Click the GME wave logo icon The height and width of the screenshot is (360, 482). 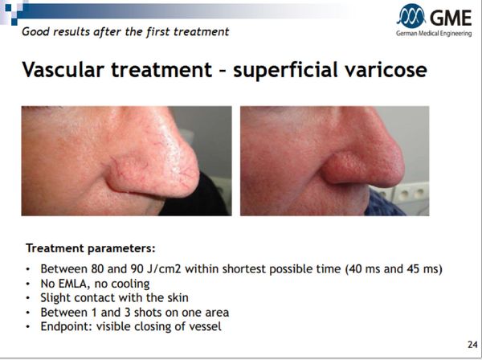(411, 16)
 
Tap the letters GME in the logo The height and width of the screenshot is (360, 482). (451, 18)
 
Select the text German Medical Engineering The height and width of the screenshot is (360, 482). (434, 34)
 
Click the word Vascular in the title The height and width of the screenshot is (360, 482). (63, 69)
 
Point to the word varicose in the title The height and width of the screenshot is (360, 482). (386, 69)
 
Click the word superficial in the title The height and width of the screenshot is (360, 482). (285, 70)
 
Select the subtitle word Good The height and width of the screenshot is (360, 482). (34, 31)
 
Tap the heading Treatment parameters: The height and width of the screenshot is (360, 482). (91, 247)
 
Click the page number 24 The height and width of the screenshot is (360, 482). (472, 344)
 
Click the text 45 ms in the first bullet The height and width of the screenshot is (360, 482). (424, 269)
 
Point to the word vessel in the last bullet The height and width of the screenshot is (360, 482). (206, 326)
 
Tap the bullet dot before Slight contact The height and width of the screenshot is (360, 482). (28, 298)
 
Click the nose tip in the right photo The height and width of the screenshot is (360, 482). (399, 166)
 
